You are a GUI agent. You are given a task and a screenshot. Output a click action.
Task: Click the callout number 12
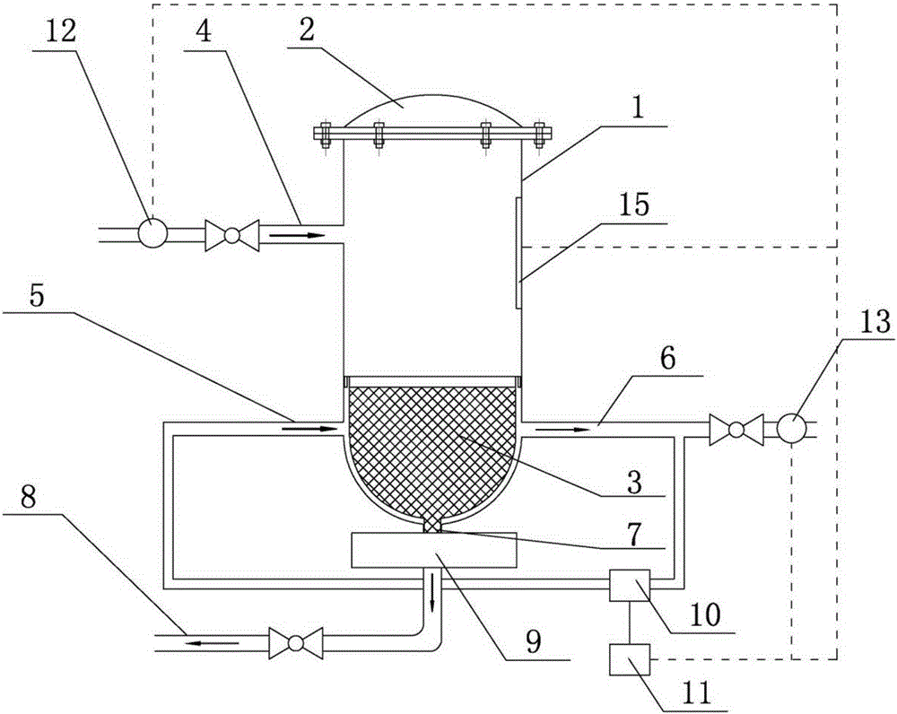click(x=60, y=32)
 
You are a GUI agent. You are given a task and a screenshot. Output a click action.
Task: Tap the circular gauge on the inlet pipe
click(x=152, y=233)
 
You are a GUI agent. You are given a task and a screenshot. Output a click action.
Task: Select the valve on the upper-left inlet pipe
click(x=231, y=235)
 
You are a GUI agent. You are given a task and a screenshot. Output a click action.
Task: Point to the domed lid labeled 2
click(x=433, y=111)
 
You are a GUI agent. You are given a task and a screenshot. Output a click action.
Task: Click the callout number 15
click(x=634, y=205)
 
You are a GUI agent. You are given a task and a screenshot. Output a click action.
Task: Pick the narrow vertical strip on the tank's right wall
click(x=518, y=253)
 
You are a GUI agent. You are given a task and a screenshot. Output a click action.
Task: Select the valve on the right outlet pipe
click(x=736, y=430)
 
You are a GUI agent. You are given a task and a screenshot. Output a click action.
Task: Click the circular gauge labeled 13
click(x=792, y=427)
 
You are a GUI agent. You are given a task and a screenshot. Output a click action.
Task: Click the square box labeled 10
click(x=630, y=585)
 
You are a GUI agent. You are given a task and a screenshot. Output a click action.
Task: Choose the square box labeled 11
click(x=630, y=659)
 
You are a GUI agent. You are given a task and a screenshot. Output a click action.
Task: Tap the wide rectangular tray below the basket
click(x=434, y=550)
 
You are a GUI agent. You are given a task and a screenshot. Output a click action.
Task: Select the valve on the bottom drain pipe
click(x=295, y=643)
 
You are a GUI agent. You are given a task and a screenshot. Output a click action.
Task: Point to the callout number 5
click(x=36, y=296)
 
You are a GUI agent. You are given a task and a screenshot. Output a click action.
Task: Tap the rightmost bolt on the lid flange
click(x=538, y=135)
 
